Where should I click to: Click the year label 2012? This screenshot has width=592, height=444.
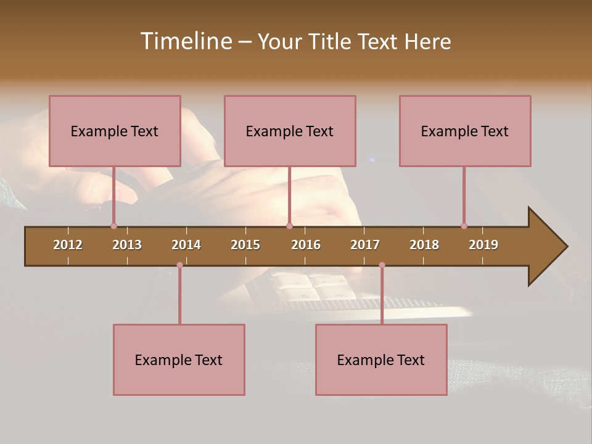[x=68, y=245]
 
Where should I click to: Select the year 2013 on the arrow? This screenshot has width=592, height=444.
[x=127, y=245]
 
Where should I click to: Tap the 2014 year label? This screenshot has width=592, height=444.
[x=186, y=245]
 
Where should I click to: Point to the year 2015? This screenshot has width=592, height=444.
[x=245, y=245]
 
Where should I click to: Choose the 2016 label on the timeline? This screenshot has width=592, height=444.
[x=306, y=245]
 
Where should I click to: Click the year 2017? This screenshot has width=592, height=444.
[x=365, y=245]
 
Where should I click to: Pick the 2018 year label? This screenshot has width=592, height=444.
[x=424, y=245]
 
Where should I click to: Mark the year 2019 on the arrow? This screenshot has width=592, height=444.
[x=483, y=245]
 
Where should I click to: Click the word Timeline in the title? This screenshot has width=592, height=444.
[x=186, y=41]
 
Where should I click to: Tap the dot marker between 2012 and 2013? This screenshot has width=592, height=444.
[x=113, y=226]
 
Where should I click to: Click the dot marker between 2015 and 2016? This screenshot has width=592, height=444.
[x=289, y=226]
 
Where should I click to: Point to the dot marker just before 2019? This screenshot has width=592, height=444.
[x=464, y=226]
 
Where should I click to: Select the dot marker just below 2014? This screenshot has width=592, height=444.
[x=179, y=265]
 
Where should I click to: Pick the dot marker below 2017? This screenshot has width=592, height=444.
[x=382, y=265]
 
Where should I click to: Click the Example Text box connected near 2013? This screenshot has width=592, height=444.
[x=115, y=131]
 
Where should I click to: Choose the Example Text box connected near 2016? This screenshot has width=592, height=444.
[x=290, y=131]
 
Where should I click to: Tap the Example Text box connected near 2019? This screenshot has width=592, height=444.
[x=465, y=131]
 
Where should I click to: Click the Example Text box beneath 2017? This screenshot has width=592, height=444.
[x=381, y=360]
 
